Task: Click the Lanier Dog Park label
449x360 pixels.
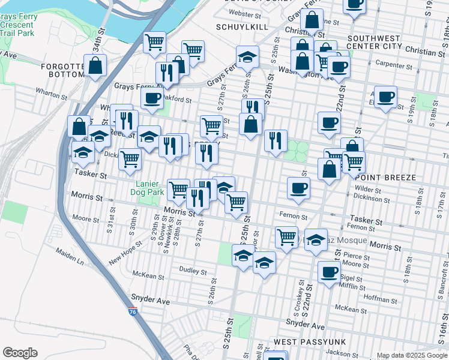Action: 146,187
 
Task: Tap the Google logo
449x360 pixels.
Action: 20,353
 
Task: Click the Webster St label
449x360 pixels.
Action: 246,13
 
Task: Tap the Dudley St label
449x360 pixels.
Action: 193,271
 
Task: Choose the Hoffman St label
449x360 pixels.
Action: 377,298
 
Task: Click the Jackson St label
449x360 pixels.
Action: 343,353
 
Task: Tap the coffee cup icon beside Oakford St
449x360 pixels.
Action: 152,97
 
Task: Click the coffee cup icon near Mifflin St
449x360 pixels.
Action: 328,272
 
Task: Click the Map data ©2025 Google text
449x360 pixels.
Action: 412,355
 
